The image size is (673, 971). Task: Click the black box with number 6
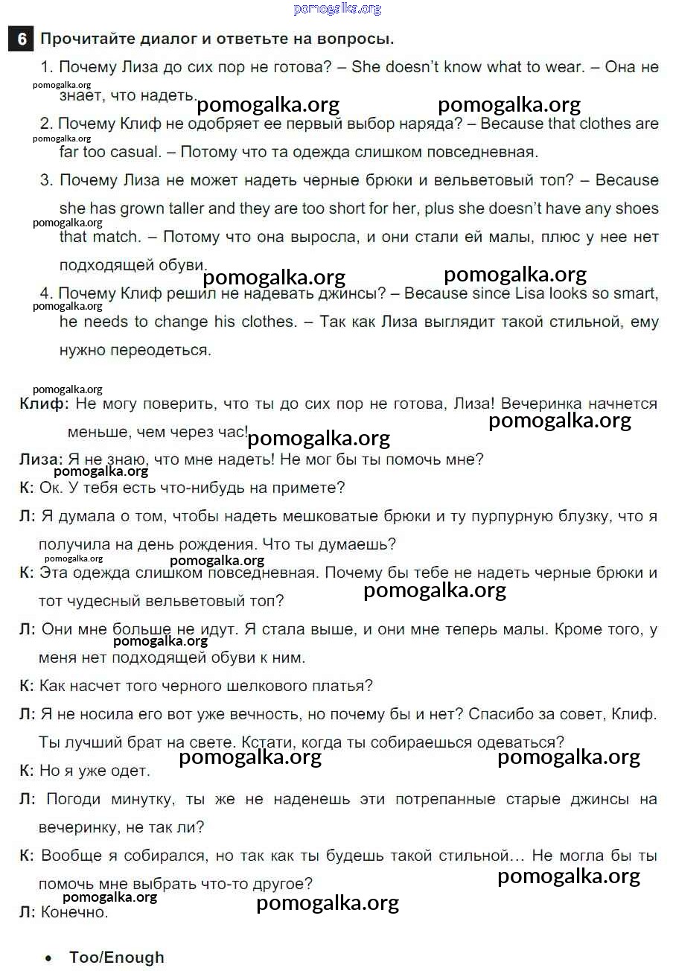pos(20,39)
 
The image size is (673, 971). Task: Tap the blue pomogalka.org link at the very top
pos(337,8)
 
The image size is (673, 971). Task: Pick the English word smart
pos(636,293)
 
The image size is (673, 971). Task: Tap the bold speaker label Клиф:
pos(44,404)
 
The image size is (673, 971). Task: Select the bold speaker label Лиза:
pos(41,459)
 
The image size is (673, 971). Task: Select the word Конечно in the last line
pos(74,912)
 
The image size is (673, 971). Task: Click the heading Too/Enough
pos(117,958)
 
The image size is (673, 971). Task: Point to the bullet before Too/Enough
pos(49,958)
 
